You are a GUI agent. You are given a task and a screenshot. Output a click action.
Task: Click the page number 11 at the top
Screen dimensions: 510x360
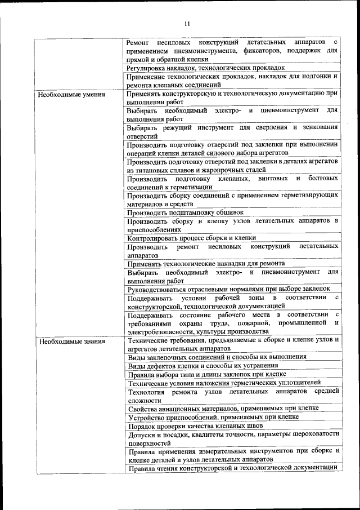(x=187, y=23)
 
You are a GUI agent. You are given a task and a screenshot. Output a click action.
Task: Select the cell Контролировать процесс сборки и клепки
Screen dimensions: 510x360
(x=192, y=238)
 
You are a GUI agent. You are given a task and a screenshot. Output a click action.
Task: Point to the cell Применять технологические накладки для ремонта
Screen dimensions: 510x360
(x=206, y=263)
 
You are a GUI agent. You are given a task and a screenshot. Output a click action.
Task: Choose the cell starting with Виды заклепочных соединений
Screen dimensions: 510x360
(x=217, y=357)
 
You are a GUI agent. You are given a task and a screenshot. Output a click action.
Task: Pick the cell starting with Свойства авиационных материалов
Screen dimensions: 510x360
(x=223, y=408)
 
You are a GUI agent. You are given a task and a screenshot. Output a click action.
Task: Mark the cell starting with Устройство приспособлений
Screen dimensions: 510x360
(x=213, y=417)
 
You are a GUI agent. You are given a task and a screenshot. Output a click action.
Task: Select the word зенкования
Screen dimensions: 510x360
(x=318, y=127)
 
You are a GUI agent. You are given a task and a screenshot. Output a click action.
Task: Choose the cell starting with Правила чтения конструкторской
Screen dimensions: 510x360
(x=232, y=468)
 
